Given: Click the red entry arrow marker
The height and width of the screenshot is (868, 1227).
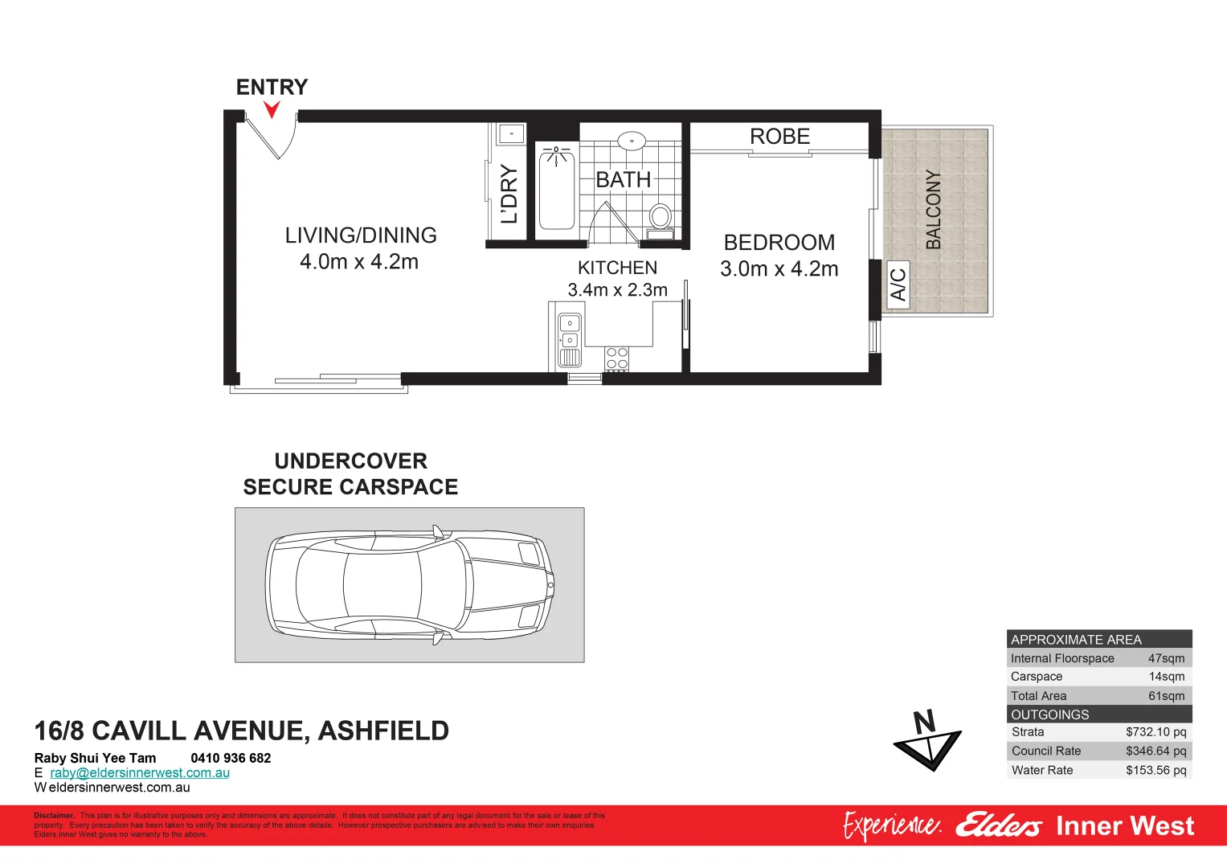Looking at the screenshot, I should [x=272, y=109].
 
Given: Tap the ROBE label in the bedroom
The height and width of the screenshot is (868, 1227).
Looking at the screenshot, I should [x=779, y=137].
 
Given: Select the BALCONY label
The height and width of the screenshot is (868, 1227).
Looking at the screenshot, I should [x=933, y=210].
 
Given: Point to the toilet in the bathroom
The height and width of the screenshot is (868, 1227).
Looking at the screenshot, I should [x=661, y=218].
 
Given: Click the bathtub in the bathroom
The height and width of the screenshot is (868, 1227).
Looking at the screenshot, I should [x=556, y=188].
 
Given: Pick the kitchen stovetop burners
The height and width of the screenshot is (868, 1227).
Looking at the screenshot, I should [x=617, y=358].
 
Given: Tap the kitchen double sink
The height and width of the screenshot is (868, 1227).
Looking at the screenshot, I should [x=569, y=332].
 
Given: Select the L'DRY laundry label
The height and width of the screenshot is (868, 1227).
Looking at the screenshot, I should [x=509, y=194].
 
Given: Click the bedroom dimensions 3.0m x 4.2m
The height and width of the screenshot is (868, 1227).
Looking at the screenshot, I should [x=779, y=269].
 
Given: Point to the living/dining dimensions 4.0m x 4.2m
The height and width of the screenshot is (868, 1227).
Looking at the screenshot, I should [x=358, y=262].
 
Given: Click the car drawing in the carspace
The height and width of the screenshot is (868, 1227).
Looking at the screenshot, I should [x=410, y=585].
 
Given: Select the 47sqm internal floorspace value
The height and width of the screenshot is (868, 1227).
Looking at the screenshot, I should [x=1166, y=658].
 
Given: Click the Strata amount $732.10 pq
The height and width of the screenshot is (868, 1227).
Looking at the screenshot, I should [x=1155, y=732].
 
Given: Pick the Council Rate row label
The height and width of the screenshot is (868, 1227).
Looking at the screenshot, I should [x=1046, y=751].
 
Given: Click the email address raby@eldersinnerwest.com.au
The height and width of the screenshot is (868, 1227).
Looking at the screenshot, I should [x=140, y=773].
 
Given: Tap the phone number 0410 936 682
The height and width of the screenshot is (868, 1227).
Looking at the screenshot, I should [x=231, y=758].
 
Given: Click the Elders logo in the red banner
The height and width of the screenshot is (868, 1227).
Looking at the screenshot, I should [x=998, y=826].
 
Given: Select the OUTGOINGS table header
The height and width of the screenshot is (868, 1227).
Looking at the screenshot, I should [x=1050, y=714].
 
